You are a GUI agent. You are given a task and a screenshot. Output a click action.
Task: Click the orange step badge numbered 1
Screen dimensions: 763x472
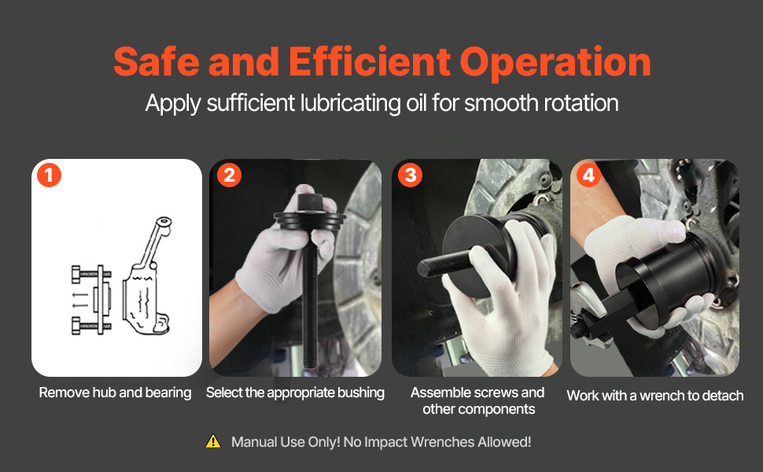tap(49, 175)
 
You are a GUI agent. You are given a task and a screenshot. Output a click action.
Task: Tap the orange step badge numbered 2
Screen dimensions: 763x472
tap(229, 175)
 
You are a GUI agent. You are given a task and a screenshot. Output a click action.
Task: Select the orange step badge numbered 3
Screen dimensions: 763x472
tap(410, 175)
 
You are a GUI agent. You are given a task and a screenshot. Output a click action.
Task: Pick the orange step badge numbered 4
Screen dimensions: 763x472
tap(588, 175)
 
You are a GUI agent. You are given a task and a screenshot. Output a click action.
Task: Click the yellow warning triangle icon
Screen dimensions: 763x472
tap(213, 441)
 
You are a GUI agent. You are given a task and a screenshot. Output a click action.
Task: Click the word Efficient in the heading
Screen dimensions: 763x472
tap(370, 62)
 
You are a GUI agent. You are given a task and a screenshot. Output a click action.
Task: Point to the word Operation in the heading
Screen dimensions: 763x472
tap(555, 63)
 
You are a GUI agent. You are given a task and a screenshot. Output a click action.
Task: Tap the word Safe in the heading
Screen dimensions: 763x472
tap(157, 62)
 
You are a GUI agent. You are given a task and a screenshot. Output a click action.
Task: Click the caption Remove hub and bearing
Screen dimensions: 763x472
tap(115, 393)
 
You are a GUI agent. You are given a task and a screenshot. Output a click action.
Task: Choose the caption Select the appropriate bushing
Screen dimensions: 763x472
tap(295, 393)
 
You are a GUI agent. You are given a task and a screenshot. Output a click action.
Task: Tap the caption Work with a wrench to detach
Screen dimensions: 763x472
tap(655, 396)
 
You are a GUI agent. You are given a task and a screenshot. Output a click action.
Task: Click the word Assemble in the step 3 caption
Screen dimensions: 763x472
tap(440, 393)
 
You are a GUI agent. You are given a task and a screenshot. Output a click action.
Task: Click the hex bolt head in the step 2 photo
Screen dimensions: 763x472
tap(309, 202)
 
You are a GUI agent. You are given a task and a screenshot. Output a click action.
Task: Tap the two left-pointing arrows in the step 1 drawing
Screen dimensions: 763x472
tap(79, 300)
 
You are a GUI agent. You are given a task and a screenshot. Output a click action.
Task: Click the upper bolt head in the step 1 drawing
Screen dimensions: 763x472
tap(76, 274)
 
